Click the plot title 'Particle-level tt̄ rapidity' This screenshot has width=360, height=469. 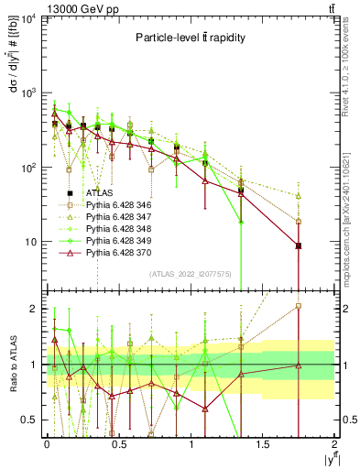click(x=189, y=38)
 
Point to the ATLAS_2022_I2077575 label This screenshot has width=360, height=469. click(x=191, y=274)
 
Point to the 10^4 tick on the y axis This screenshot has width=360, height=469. click(x=29, y=19)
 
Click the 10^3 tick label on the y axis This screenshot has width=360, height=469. click(x=29, y=93)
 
